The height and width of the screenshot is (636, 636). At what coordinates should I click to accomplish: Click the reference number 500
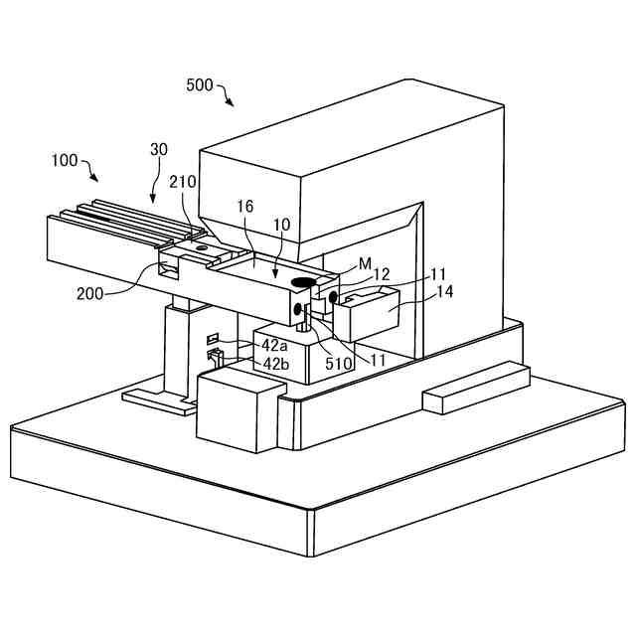[x=199, y=85]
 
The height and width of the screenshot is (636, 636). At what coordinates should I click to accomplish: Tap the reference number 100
[x=64, y=159]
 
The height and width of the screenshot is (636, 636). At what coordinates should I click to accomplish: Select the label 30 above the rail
[x=159, y=148]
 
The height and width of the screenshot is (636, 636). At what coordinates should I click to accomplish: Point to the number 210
[x=183, y=182]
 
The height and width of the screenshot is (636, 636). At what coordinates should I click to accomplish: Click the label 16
[x=245, y=206]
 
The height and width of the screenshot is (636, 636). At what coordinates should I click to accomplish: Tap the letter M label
[x=366, y=263]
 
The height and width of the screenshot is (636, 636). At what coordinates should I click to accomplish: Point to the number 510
[x=338, y=364]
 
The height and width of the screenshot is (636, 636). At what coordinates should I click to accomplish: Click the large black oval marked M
[x=304, y=283]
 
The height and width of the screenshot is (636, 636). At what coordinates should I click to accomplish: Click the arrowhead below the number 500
[x=231, y=101]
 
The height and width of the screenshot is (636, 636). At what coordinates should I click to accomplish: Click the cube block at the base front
[x=236, y=409]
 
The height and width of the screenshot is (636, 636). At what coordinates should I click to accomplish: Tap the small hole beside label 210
[x=202, y=245]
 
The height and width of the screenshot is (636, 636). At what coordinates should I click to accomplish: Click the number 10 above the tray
[x=281, y=225]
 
